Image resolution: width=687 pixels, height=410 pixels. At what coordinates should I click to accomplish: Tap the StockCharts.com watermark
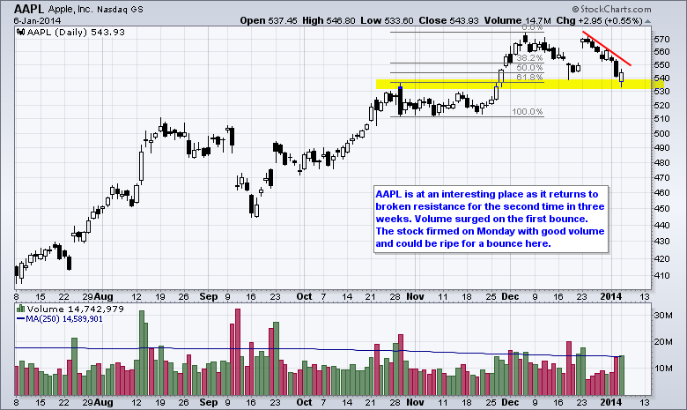point(638,8)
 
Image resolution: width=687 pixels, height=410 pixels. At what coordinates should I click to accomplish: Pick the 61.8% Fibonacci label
point(529,78)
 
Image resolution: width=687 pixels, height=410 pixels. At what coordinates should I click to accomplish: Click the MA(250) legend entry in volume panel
point(65,320)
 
